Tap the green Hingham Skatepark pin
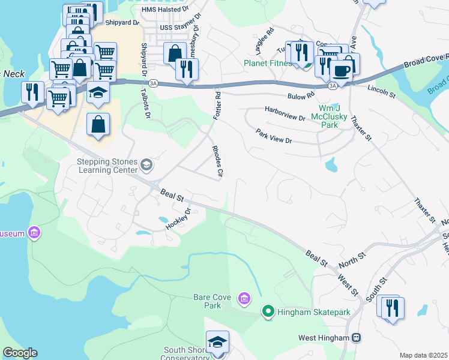pos(268,311)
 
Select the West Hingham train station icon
pos(357,338)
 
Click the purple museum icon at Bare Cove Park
pos(244,298)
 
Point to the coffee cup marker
pos(342,71)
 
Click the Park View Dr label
pos(273,136)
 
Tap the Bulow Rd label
pos(301,95)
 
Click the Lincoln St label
pos(382,91)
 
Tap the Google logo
pos(19,353)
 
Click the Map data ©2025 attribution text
pos(424,355)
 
